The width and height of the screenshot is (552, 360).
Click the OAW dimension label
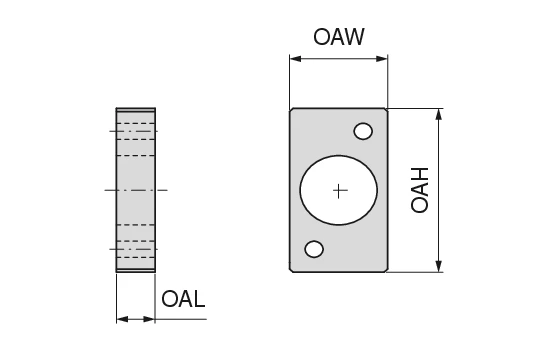(x=338, y=38)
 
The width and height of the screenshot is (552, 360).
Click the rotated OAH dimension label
(x=421, y=189)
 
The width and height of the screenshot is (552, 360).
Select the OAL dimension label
(x=183, y=298)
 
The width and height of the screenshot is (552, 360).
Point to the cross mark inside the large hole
(x=340, y=190)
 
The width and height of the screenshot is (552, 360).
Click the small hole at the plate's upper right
(x=363, y=131)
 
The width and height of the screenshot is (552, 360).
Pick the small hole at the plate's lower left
(x=314, y=249)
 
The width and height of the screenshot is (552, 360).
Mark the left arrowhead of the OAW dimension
(x=295, y=60)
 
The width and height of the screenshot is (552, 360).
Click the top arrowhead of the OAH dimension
(x=438, y=114)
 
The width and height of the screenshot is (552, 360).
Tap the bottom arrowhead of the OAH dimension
(x=438, y=266)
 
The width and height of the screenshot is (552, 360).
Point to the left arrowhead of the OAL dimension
(x=121, y=319)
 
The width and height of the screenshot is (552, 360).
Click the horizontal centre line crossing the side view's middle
(x=135, y=189)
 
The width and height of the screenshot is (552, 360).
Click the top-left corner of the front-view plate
(x=291, y=110)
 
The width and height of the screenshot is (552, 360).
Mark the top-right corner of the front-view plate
(x=386, y=110)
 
